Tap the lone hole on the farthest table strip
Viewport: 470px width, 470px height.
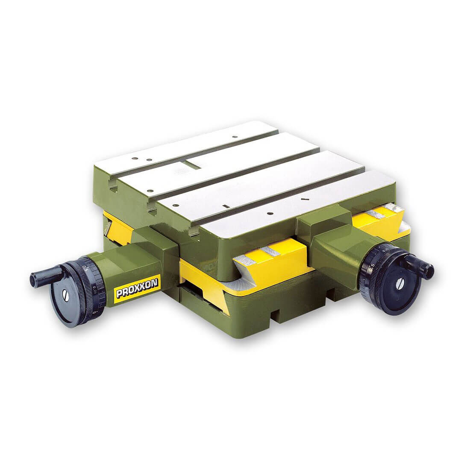point(235,137)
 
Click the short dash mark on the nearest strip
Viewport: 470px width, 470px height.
point(305,199)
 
